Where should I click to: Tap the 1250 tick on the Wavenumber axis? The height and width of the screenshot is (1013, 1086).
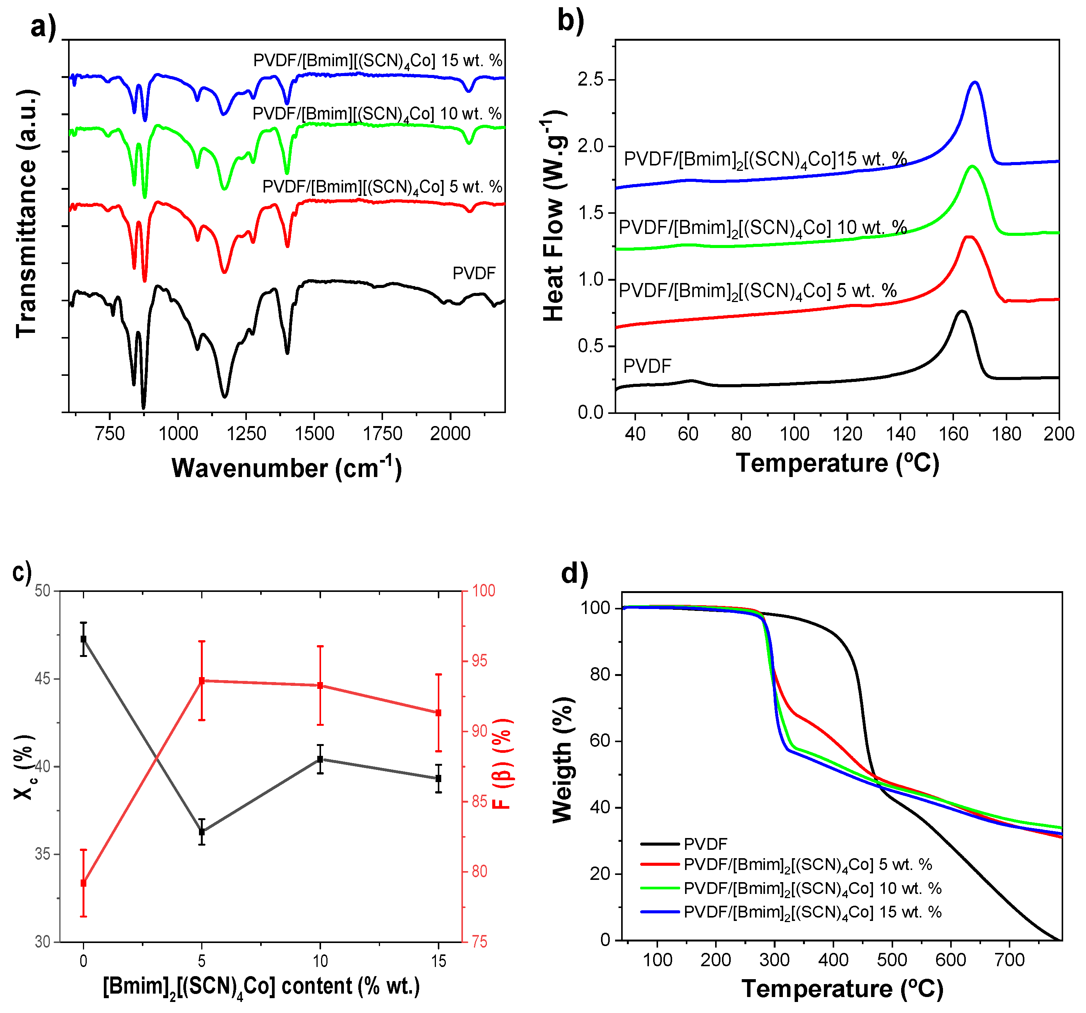click(x=246, y=433)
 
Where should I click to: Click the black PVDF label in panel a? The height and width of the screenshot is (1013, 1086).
click(x=474, y=273)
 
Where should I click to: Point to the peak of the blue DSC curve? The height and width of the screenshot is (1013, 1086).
click(x=975, y=83)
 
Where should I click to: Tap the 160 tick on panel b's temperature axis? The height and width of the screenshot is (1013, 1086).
click(x=953, y=434)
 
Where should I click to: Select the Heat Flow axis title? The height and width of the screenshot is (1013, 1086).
click(x=554, y=216)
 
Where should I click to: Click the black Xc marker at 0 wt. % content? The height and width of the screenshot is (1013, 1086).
click(x=84, y=639)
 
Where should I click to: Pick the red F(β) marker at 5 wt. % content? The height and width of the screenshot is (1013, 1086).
click(x=202, y=681)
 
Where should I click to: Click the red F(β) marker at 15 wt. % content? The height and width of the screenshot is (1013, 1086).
click(x=438, y=713)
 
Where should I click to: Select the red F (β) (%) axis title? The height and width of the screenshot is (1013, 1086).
click(x=501, y=764)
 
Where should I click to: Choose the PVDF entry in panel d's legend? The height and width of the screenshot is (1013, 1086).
click(x=705, y=844)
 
